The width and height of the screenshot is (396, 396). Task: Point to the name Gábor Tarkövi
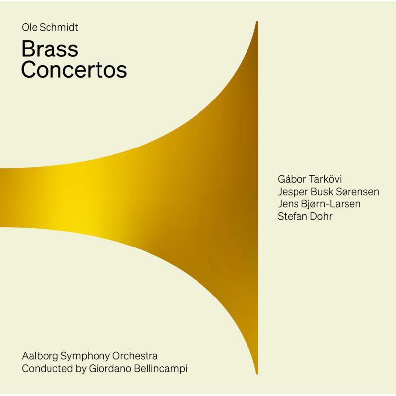[310, 179]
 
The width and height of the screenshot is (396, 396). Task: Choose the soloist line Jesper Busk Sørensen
[328, 192]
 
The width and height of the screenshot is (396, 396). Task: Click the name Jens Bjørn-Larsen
[318, 204]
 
